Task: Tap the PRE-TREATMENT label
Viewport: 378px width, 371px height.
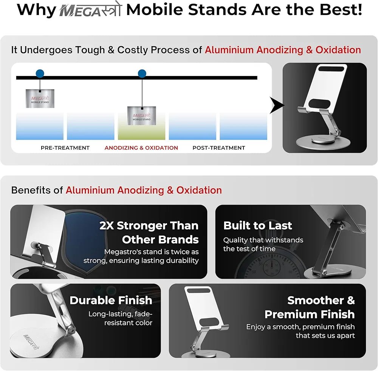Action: pyautogui.click(x=65, y=148)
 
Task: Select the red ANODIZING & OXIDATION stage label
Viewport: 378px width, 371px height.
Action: pyautogui.click(x=141, y=148)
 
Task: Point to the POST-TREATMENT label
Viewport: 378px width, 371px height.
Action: pyautogui.click(x=219, y=148)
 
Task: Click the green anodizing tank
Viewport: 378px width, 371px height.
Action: pyautogui.click(x=141, y=129)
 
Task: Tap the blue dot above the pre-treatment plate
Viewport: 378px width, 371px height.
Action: pyautogui.click(x=40, y=74)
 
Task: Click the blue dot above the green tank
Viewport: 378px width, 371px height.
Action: pyautogui.click(x=142, y=74)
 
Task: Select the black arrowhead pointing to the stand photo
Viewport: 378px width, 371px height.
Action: pyautogui.click(x=277, y=106)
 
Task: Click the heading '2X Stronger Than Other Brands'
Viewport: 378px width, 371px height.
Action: pyautogui.click(x=149, y=233)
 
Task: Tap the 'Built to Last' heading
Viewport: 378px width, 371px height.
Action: pyautogui.click(x=258, y=226)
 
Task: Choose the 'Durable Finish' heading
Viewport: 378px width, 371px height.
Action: pyautogui.click(x=111, y=301)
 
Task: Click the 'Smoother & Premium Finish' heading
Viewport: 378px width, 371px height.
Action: pyautogui.click(x=310, y=307)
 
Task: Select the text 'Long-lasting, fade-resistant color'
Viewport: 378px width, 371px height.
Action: pyautogui.click(x=120, y=318)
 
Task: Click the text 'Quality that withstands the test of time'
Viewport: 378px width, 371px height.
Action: pyautogui.click(x=263, y=244)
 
